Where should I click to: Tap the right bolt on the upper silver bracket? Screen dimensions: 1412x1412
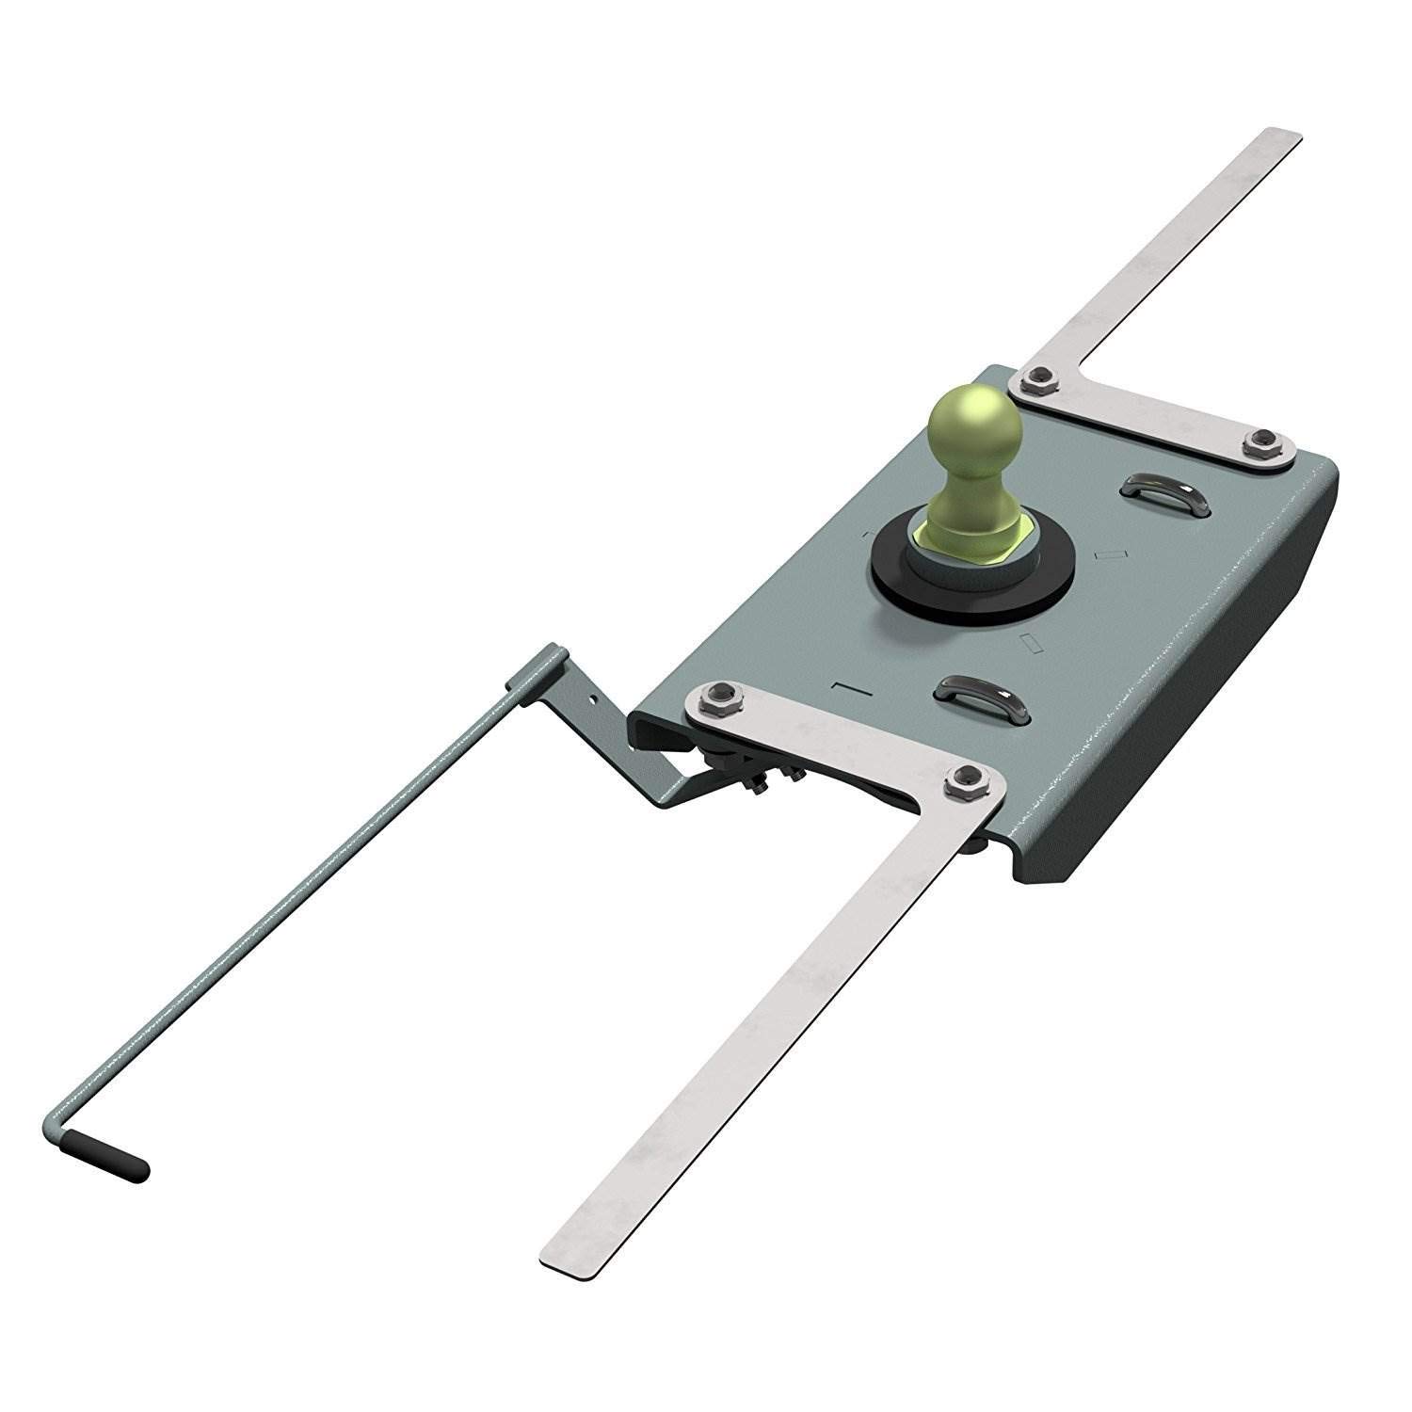point(1263,440)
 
